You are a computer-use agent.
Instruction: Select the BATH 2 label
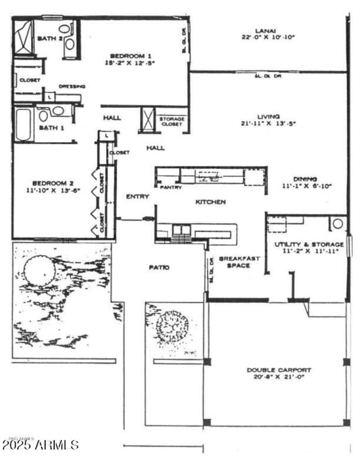(x=49, y=38)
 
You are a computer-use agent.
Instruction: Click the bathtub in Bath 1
(x=23, y=124)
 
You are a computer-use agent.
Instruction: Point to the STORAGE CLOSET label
(x=171, y=121)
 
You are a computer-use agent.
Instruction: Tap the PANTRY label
(x=171, y=187)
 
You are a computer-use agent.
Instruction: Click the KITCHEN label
(x=210, y=202)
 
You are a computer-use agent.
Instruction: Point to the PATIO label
(x=159, y=267)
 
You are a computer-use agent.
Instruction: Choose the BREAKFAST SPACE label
(x=234, y=262)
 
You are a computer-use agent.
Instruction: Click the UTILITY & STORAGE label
(x=309, y=244)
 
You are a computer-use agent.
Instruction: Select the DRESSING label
(x=72, y=86)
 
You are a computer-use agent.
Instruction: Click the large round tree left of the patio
(x=40, y=270)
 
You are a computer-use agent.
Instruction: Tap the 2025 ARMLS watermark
(x=40, y=445)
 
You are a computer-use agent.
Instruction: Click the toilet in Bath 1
(x=44, y=116)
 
